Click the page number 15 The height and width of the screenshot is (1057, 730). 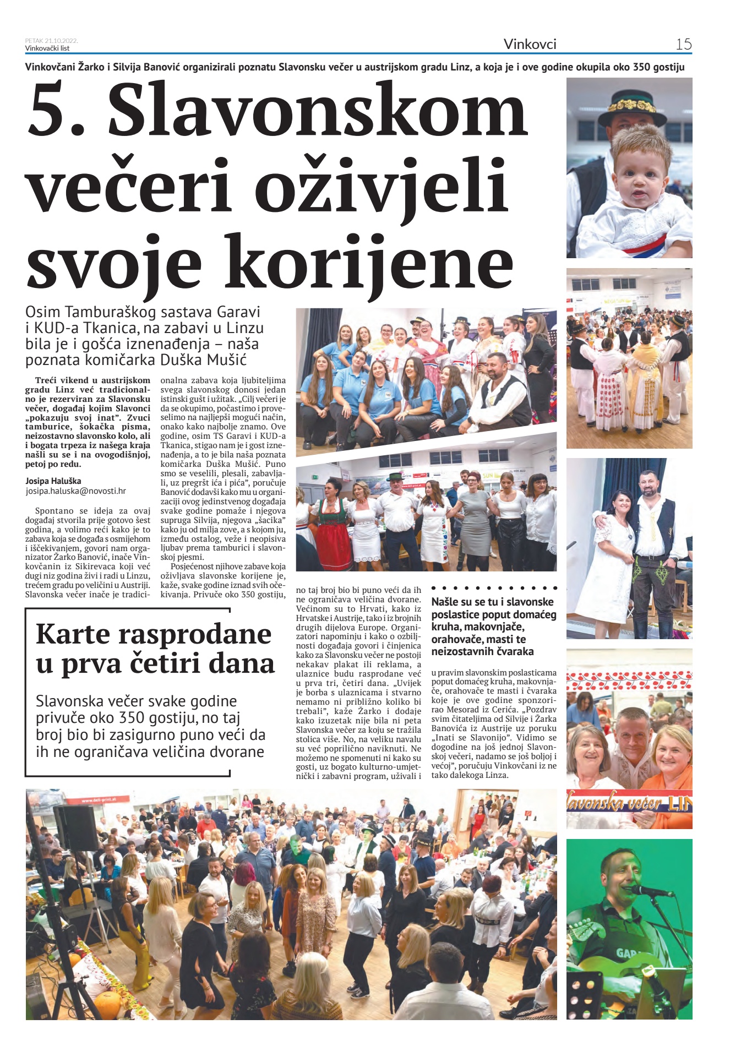(x=683, y=44)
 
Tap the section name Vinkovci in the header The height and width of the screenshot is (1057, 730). (x=530, y=44)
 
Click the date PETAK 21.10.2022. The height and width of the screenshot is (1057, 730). (x=51, y=41)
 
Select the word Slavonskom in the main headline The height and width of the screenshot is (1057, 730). (x=318, y=110)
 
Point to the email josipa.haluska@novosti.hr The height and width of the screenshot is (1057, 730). (x=75, y=491)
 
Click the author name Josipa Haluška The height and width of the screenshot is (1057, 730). (x=53, y=481)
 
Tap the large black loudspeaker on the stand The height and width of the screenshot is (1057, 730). (x=76, y=827)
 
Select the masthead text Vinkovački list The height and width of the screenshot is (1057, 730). (x=47, y=48)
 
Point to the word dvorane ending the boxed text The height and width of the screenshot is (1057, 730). (x=231, y=752)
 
